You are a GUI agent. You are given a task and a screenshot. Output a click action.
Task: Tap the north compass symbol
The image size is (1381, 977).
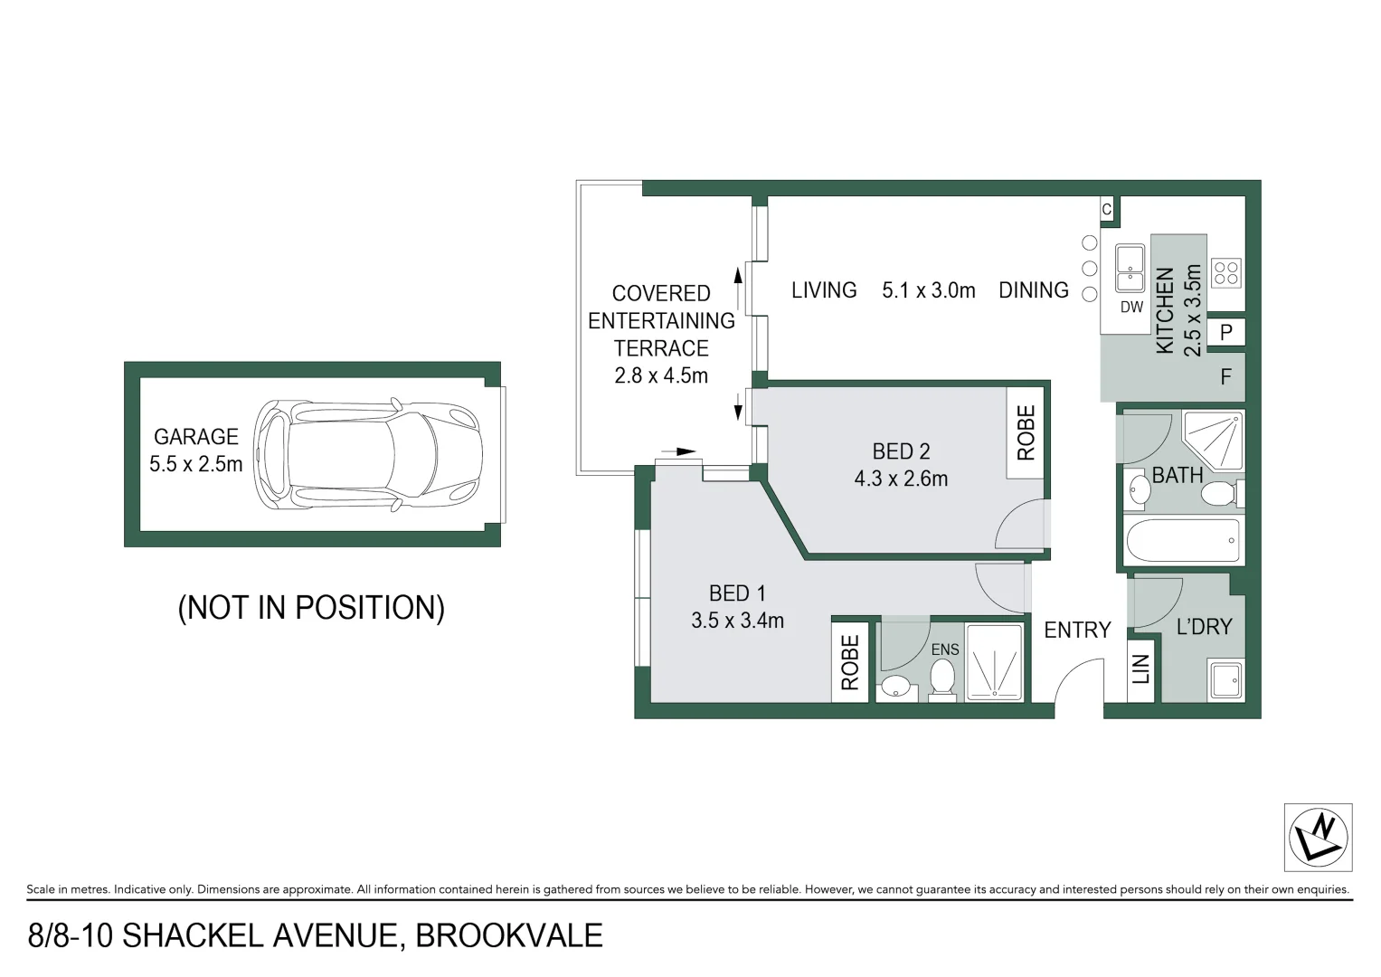pyautogui.click(x=1318, y=837)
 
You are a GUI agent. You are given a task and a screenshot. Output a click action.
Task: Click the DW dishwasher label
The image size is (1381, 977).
pyautogui.click(x=1131, y=308)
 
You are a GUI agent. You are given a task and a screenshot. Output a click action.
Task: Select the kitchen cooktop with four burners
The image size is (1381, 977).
pyautogui.click(x=1226, y=272)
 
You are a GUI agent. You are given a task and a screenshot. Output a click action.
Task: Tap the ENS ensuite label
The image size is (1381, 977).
pyautogui.click(x=944, y=650)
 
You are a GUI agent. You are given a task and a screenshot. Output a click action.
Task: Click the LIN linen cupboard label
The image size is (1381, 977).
pyautogui.click(x=1141, y=670)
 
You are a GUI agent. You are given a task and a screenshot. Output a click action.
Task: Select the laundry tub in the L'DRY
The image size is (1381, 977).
pyautogui.click(x=1226, y=680)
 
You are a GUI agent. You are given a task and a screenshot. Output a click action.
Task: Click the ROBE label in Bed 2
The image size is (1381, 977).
pyautogui.click(x=1026, y=433)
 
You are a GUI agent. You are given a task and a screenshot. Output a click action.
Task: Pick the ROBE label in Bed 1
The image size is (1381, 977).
pyautogui.click(x=849, y=662)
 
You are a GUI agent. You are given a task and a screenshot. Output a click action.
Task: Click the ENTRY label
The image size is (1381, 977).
pyautogui.click(x=1076, y=631)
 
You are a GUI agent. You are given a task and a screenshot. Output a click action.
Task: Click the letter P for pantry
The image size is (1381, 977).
pyautogui.click(x=1225, y=332)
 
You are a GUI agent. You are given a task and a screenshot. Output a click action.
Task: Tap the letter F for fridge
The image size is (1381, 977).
pyautogui.click(x=1225, y=376)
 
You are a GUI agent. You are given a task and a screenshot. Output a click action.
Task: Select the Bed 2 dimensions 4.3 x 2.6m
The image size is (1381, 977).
pyautogui.click(x=901, y=479)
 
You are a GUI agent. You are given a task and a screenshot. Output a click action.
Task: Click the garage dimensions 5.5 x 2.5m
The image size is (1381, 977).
pyautogui.click(x=196, y=465)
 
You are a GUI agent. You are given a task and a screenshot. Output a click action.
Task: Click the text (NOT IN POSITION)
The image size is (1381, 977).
pyautogui.click(x=311, y=607)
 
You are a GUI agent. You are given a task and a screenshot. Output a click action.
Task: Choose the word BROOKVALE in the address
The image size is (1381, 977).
pyautogui.click(x=508, y=935)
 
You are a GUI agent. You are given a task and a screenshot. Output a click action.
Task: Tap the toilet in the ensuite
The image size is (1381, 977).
pyautogui.click(x=942, y=678)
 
